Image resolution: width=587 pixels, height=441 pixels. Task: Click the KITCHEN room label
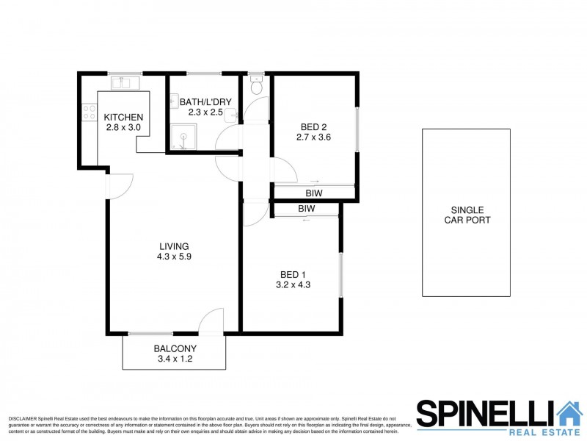123,118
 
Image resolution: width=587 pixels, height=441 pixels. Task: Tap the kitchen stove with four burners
89,112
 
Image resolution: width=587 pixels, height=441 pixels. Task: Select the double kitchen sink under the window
123,83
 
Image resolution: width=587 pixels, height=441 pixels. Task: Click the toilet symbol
255,87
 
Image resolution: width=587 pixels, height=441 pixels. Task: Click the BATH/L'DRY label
199,102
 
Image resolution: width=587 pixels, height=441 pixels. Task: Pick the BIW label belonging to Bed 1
306,209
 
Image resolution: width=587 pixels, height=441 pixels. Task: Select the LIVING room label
174,246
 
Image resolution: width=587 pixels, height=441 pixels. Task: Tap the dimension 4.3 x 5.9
174,257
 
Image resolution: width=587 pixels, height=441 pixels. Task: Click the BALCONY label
173,349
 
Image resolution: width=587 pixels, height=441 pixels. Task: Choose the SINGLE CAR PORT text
467,215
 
